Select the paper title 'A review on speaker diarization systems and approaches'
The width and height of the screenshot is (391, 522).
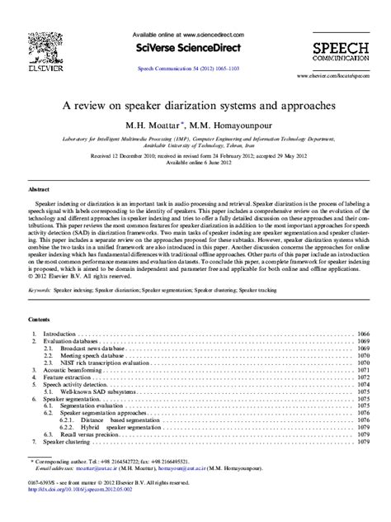click(x=195, y=107)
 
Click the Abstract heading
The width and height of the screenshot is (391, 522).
click(x=40, y=188)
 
